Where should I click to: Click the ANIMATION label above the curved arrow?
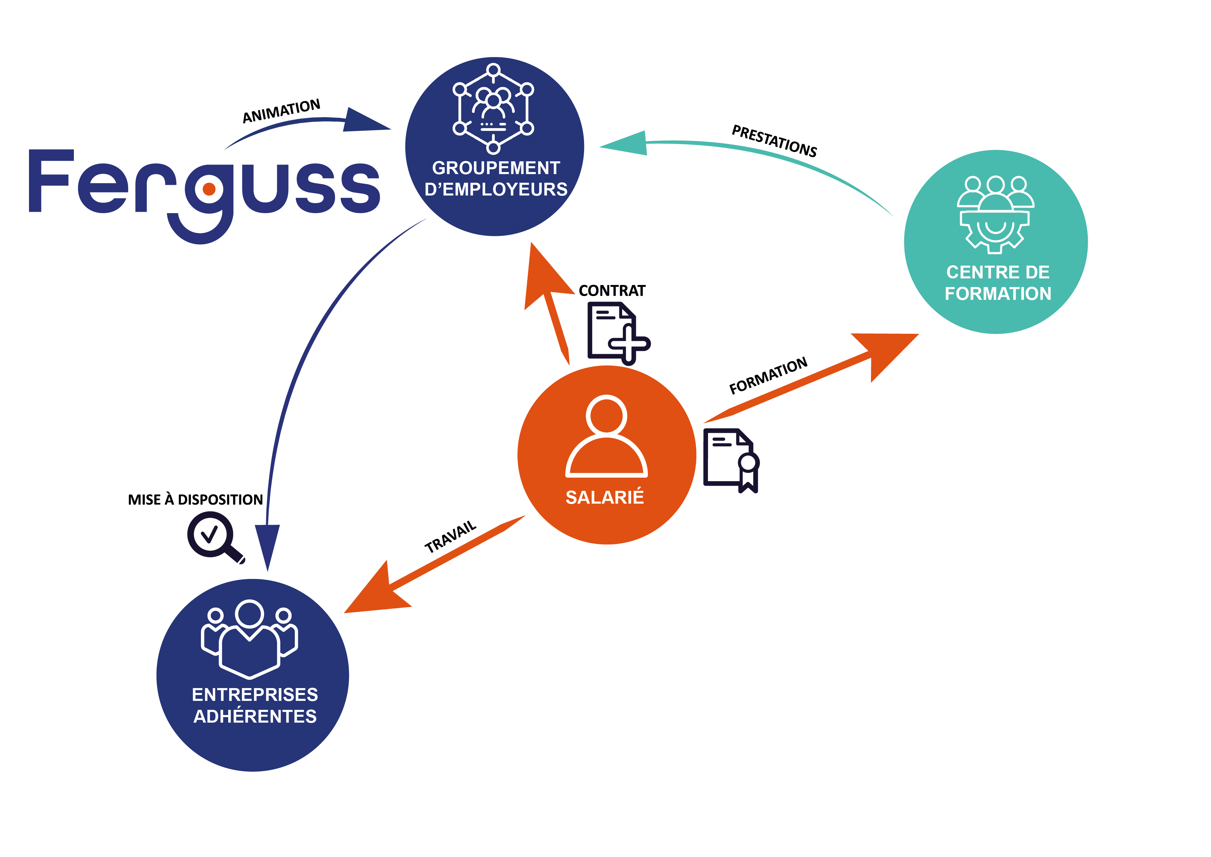click(281, 111)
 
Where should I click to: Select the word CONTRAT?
click(612, 291)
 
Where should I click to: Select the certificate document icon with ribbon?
click(731, 460)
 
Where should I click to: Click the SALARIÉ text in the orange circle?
click(604, 497)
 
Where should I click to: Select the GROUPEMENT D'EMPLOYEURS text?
click(496, 178)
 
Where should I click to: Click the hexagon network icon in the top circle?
click(493, 108)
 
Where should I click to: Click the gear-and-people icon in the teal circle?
click(995, 214)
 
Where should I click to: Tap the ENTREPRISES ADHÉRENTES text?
click(255, 706)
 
